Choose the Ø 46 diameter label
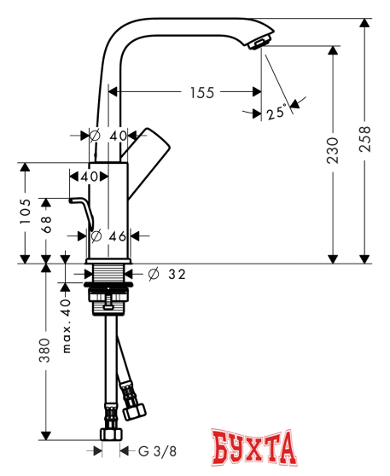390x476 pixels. (x=108, y=235)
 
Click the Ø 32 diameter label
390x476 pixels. (x=167, y=274)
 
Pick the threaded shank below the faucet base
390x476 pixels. (x=108, y=276)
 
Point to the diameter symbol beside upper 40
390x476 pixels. (x=96, y=136)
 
